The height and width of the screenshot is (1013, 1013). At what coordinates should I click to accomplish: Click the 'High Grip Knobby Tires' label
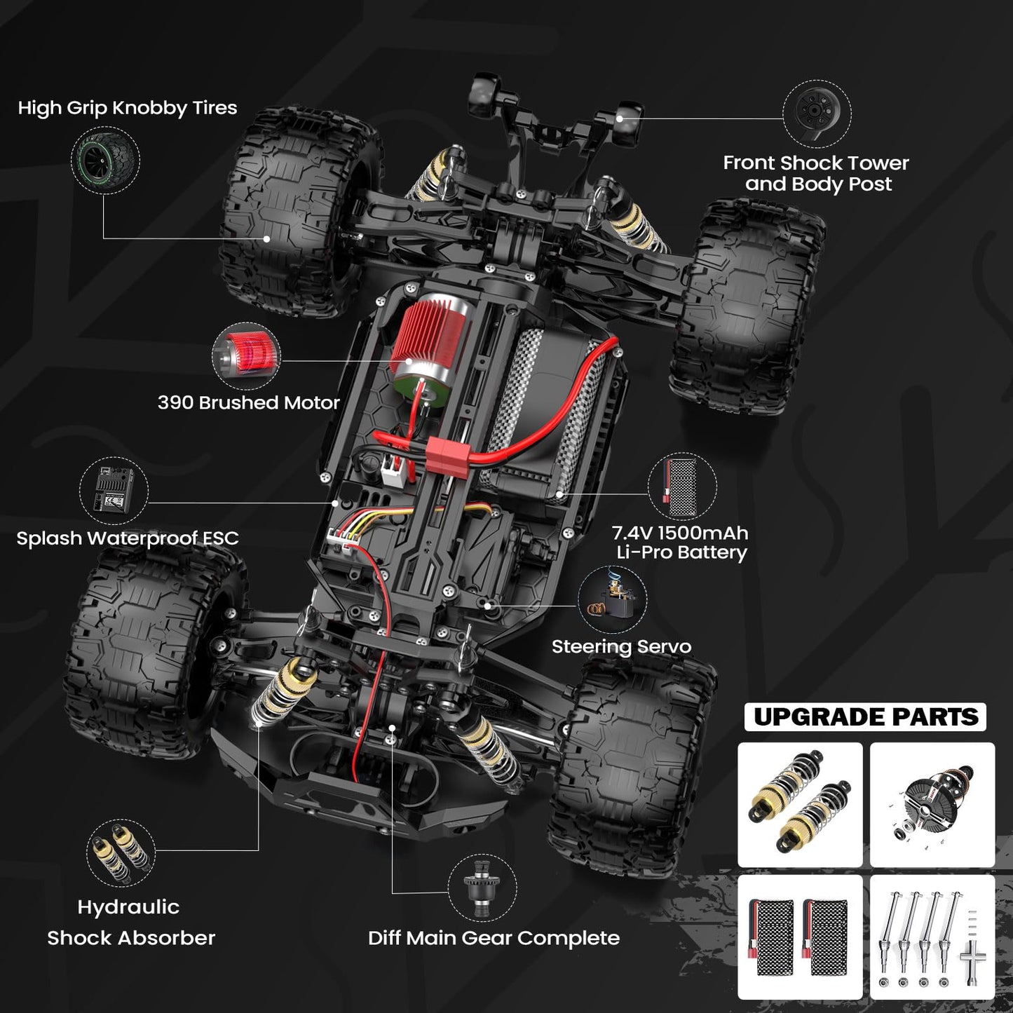point(127,108)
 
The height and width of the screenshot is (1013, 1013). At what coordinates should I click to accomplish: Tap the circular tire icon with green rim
point(105,161)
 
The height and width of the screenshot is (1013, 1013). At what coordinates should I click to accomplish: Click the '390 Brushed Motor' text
point(248,402)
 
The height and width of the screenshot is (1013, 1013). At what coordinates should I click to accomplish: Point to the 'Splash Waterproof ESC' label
point(127,538)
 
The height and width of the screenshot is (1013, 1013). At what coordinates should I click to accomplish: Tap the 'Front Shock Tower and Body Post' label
point(817,173)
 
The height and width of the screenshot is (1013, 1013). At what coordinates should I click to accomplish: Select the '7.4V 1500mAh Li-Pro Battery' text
point(681,543)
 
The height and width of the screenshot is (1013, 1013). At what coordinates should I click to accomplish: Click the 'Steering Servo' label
point(621,646)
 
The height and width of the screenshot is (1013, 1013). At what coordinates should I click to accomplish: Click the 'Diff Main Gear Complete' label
point(494,938)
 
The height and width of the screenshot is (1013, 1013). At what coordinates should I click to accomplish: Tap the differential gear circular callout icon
point(483,888)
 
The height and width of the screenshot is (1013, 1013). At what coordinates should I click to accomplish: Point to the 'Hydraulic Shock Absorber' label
point(130,922)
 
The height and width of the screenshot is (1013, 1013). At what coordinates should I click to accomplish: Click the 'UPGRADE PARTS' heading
point(865,717)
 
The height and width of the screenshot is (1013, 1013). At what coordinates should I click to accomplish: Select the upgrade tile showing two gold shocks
point(800,804)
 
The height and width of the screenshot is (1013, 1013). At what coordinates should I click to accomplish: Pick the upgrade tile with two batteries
point(800,937)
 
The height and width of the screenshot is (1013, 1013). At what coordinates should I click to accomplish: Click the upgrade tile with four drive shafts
point(932,937)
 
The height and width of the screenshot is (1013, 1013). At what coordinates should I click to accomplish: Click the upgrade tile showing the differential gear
point(932,804)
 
